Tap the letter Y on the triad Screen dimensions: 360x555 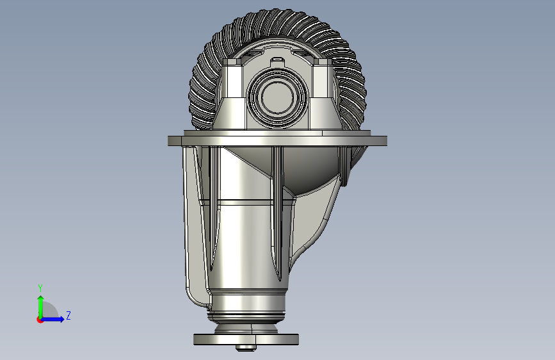40,288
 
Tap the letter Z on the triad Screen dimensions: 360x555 68,316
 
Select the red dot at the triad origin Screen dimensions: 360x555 40,320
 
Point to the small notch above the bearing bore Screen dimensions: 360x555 277,61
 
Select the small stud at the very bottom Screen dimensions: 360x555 246,348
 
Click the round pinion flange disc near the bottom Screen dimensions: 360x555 246,338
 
